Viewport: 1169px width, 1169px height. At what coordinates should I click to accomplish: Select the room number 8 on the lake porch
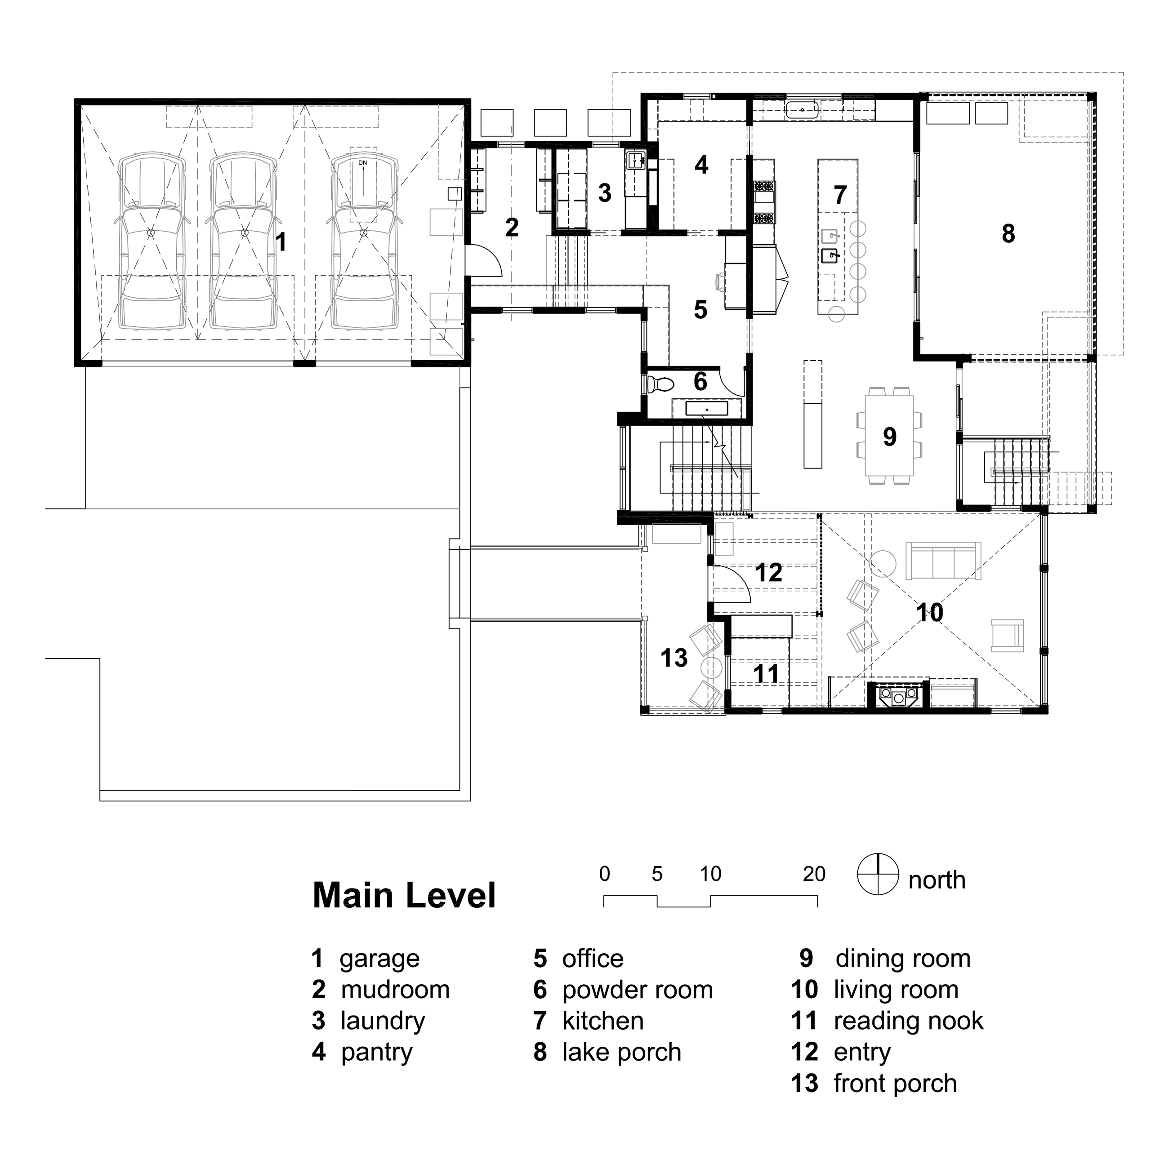coord(1008,233)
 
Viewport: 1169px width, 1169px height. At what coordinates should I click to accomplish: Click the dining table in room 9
coord(889,435)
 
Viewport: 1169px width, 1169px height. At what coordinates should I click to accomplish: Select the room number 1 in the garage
coord(280,242)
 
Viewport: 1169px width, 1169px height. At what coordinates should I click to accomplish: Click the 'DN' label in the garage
coord(362,163)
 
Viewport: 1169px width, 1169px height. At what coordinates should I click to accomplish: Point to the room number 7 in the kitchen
coord(840,195)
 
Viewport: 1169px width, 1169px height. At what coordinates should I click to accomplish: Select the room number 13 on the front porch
coord(674,658)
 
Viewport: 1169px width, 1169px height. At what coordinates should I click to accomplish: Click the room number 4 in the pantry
coord(701,165)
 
